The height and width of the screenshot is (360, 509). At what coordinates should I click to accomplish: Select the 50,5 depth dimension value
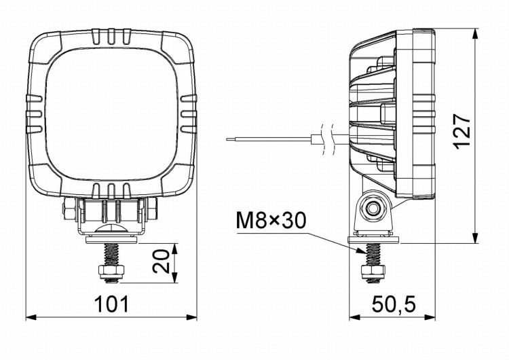[x=393, y=304]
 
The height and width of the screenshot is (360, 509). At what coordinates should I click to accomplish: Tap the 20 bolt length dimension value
[x=161, y=262]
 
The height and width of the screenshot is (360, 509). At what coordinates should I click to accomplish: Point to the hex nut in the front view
[x=111, y=273]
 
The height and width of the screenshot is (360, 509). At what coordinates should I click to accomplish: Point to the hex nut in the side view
[x=373, y=273]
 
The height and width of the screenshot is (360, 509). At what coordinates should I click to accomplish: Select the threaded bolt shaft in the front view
[x=111, y=254]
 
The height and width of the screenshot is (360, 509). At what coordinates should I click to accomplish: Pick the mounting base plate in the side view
[x=373, y=238]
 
